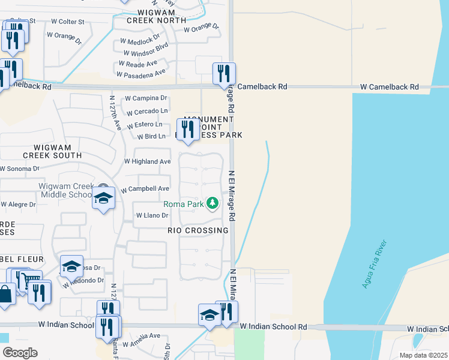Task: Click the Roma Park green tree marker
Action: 212,204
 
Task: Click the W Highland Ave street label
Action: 147,161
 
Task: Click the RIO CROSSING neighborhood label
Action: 197,230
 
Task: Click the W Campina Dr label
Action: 145,98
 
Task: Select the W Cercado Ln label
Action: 146,111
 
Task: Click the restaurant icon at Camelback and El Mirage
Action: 224,74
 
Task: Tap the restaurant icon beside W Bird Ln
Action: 188,129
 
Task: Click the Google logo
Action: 19,352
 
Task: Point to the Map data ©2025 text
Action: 423,355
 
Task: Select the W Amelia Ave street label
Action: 142,336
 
